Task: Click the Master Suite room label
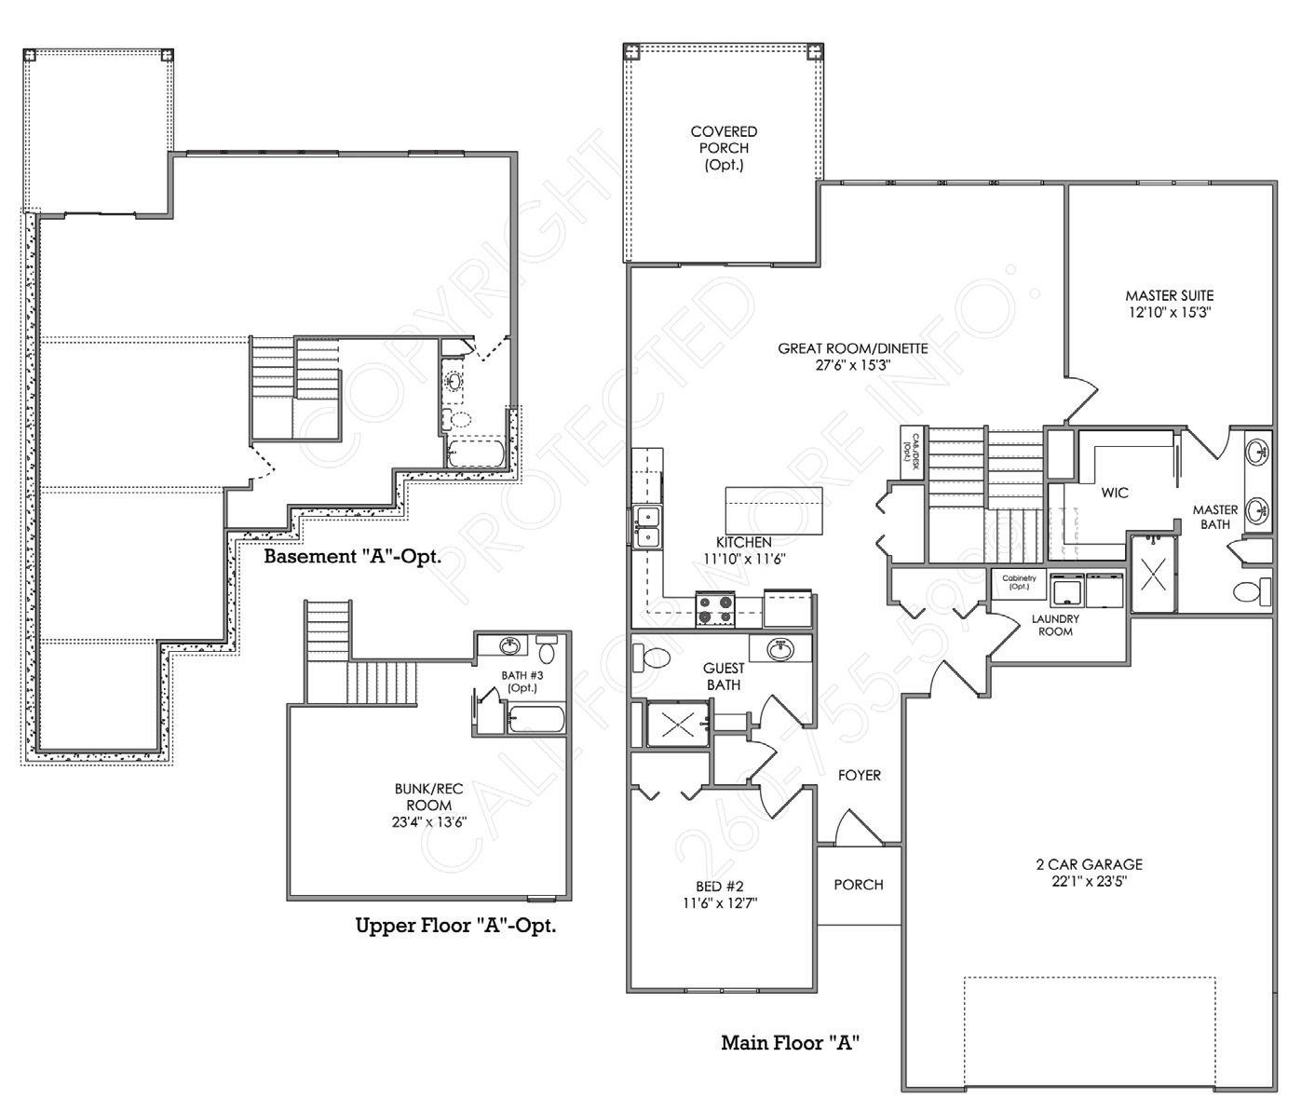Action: [x=1169, y=296]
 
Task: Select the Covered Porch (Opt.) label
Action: [x=724, y=149]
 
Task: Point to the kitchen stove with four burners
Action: [x=715, y=609]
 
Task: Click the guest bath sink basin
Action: [x=780, y=649]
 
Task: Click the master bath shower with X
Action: [x=1154, y=574]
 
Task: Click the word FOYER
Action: [x=859, y=775]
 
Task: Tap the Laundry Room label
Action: [x=1055, y=625]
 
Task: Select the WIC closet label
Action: [x=1115, y=492]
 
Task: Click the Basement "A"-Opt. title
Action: [x=351, y=557]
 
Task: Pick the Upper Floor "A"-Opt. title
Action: [x=455, y=926]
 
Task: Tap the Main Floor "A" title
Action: [x=789, y=1042]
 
